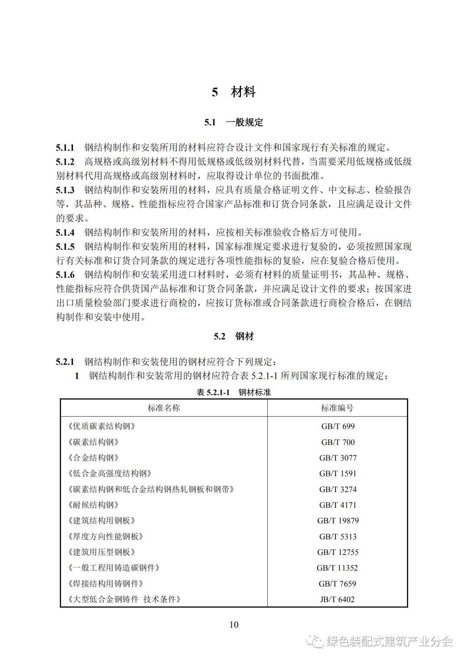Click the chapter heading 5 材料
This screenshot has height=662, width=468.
click(x=234, y=92)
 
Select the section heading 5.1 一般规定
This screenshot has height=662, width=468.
click(x=234, y=122)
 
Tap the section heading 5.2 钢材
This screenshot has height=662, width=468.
click(x=234, y=336)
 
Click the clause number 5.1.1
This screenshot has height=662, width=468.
click(x=65, y=148)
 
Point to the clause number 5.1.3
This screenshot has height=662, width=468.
click(x=65, y=190)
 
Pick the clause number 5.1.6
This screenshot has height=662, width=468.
click(x=65, y=275)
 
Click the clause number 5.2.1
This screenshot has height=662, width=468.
click(x=65, y=361)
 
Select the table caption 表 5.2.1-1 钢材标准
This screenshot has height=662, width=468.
click(x=234, y=392)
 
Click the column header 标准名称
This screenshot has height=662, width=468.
click(x=164, y=408)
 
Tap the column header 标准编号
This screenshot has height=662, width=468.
click(x=337, y=408)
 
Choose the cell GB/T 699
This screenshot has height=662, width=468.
click(x=338, y=426)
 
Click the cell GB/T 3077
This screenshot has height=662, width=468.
click(x=338, y=458)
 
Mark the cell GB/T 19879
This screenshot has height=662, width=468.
click(x=338, y=521)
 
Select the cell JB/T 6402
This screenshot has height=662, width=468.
click(x=338, y=600)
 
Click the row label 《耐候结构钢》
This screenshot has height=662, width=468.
click(x=93, y=505)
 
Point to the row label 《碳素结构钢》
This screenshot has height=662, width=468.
click(x=93, y=442)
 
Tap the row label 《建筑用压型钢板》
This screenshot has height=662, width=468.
click(x=102, y=552)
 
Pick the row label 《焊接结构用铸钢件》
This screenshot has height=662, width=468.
click(x=106, y=584)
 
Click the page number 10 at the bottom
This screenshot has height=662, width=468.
click(x=234, y=624)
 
